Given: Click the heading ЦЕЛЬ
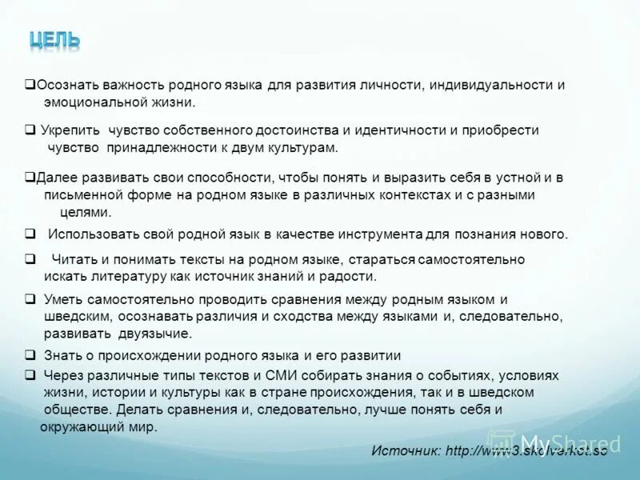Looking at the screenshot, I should point(54,39).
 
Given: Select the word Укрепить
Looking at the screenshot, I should point(70,130).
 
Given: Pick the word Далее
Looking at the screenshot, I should point(54,178).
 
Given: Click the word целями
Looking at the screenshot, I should point(86,212).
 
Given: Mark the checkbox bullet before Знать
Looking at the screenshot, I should point(29,355).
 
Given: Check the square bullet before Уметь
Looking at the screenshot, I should point(29,299).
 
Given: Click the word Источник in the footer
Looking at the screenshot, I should point(405,451).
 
